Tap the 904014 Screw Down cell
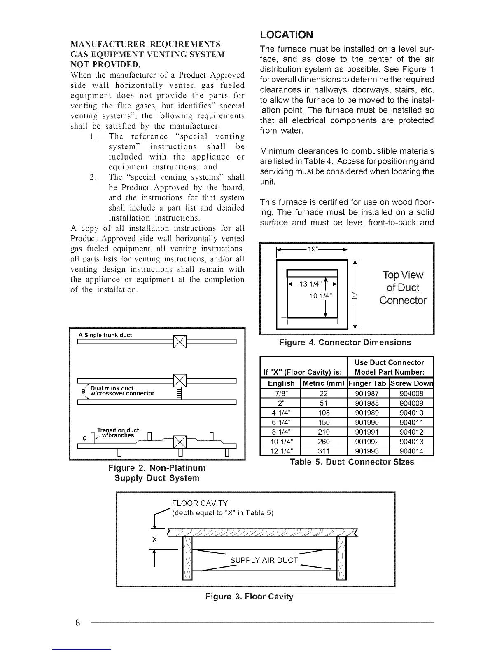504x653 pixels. pyautogui.click(x=411, y=451)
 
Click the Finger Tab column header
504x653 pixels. pyautogui.click(x=367, y=383)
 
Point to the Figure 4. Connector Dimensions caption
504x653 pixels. pyautogui.click(x=345, y=343)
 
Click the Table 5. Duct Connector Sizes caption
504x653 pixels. pyautogui.click(x=352, y=462)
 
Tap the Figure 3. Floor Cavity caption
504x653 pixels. pyautogui.click(x=249, y=597)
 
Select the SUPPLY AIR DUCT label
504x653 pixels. pyautogui.click(x=264, y=560)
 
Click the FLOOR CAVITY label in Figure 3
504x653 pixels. pyautogui.click(x=199, y=503)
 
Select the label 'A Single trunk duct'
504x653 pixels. pyautogui.click(x=105, y=335)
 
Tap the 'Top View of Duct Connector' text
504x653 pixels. pyautogui.click(x=403, y=287)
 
